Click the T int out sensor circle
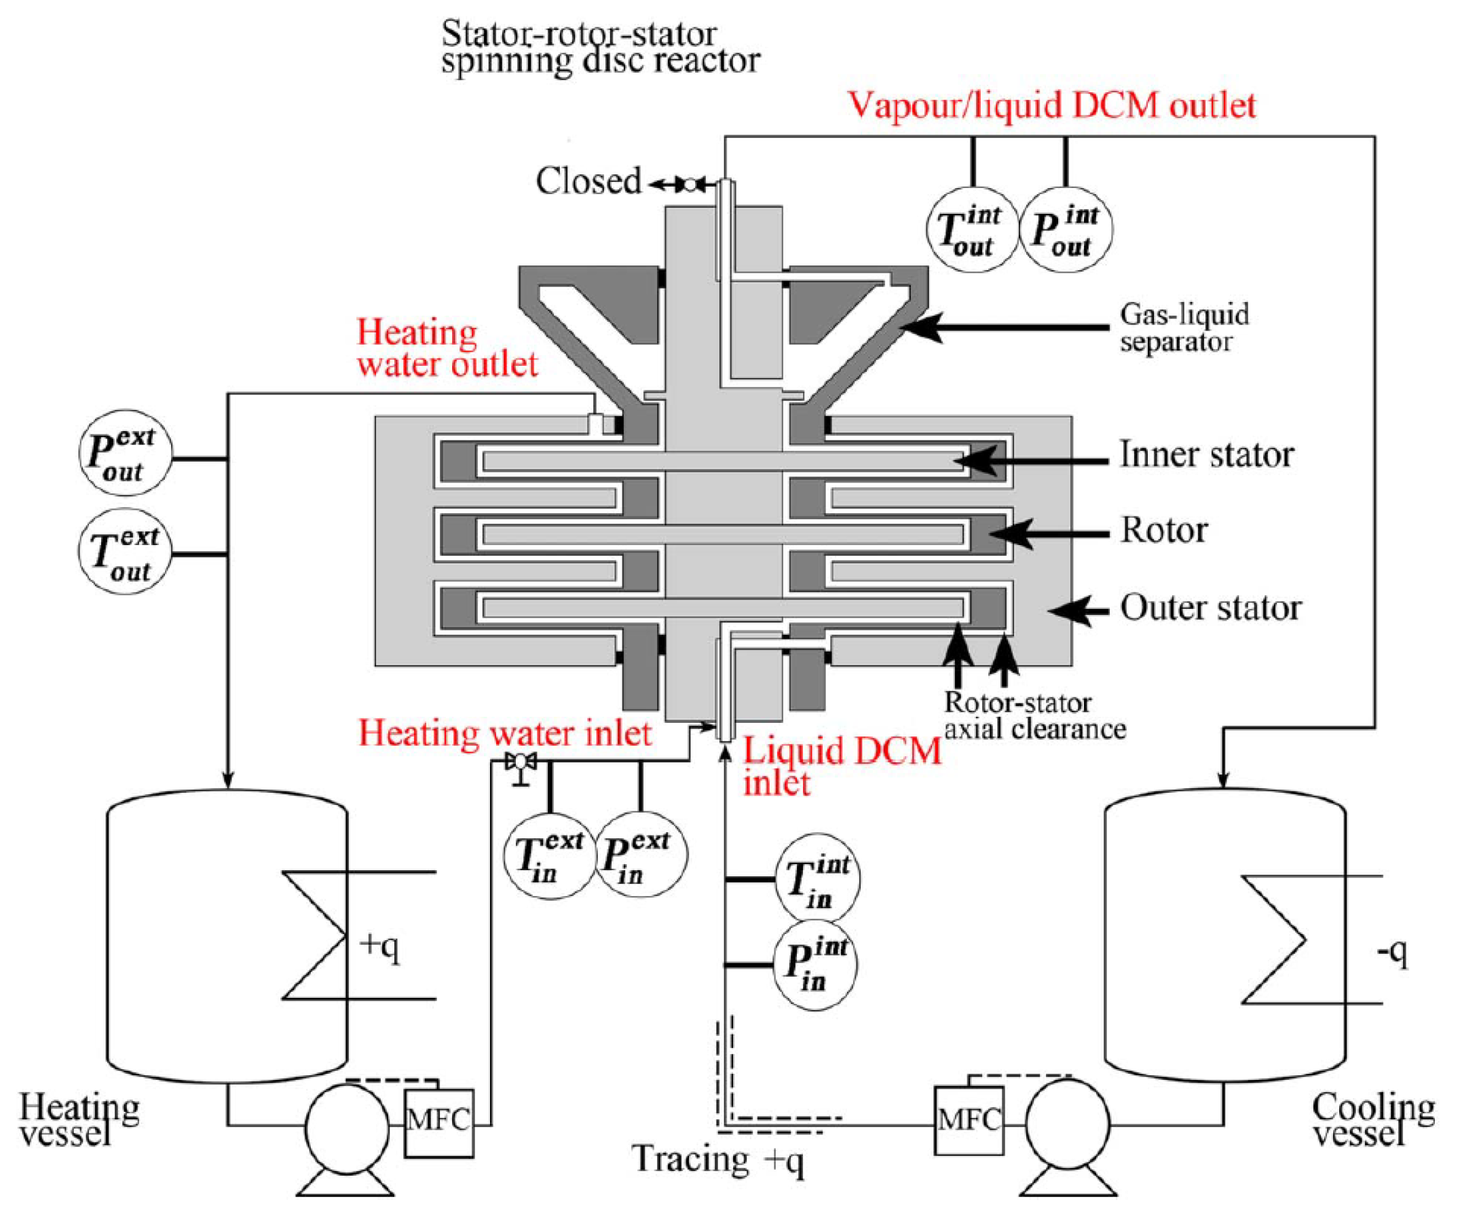pyautogui.click(x=973, y=229)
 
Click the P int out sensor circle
pyautogui.click(x=1066, y=229)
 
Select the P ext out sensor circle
pyautogui.click(x=125, y=453)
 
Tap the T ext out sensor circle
pyautogui.click(x=125, y=551)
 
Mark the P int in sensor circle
pyautogui.click(x=815, y=965)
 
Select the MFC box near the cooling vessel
pyautogui.click(x=969, y=1121)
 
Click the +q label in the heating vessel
pyautogui.click(x=379, y=946)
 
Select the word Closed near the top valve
pyautogui.click(x=588, y=181)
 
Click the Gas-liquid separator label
pyautogui.click(x=1184, y=327)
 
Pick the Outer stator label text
pyautogui.click(x=1210, y=608)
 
